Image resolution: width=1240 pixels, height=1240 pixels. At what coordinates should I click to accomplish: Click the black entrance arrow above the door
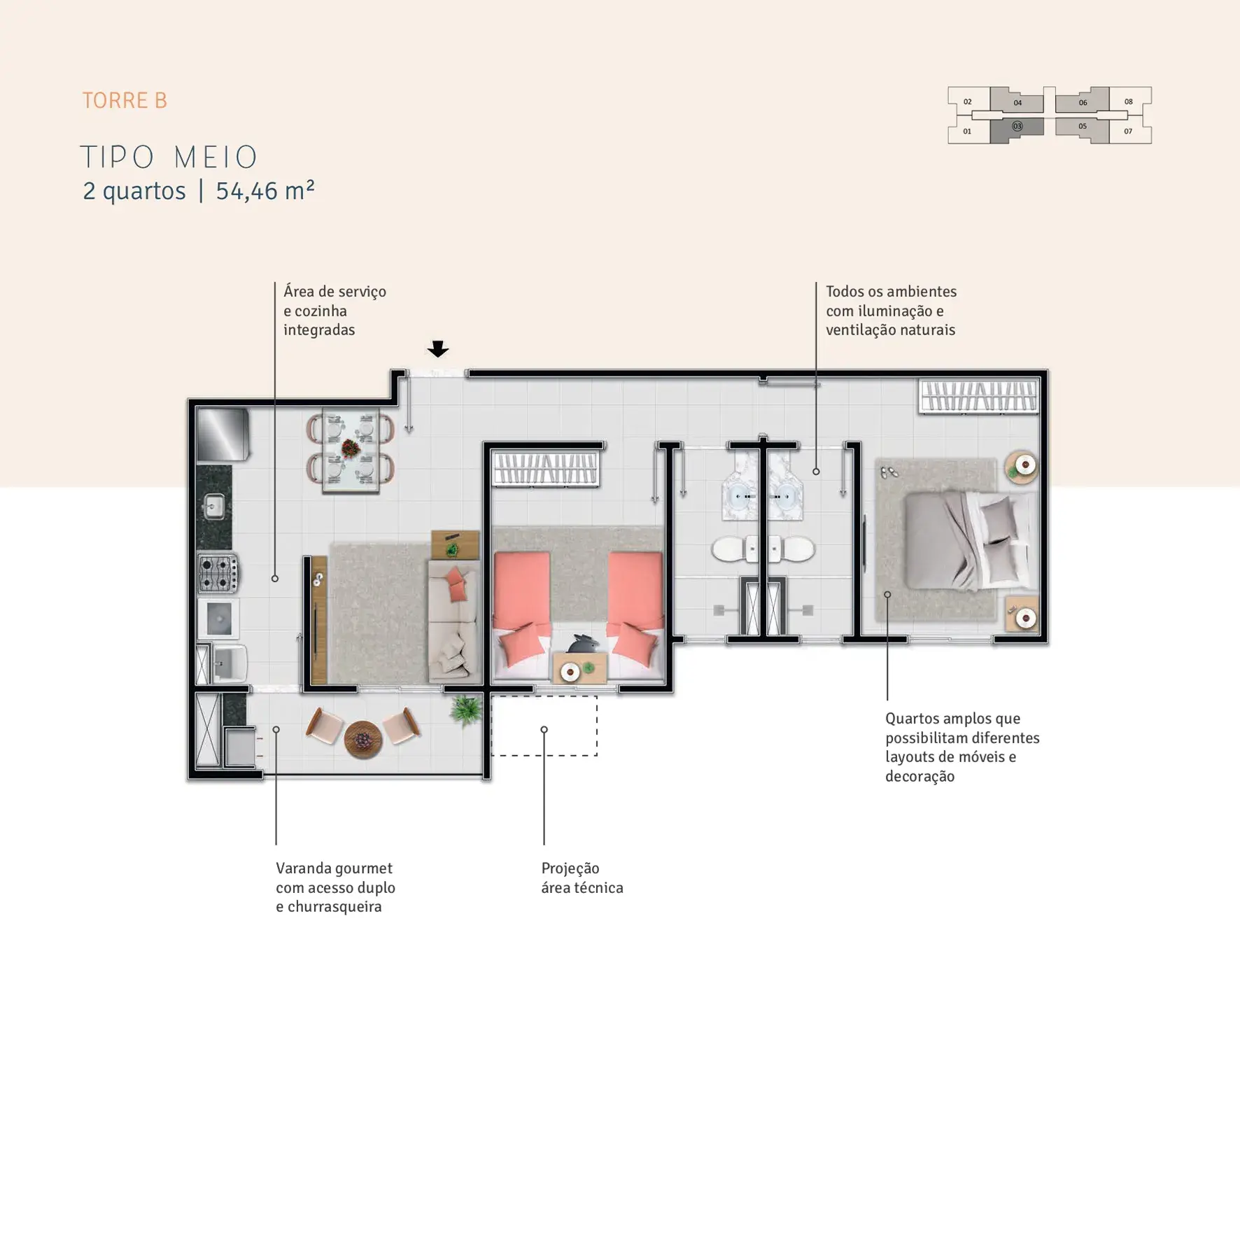click(438, 348)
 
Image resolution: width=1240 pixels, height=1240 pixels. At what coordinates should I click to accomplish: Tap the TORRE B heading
click(125, 101)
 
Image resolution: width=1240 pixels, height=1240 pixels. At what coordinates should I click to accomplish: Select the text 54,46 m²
click(265, 190)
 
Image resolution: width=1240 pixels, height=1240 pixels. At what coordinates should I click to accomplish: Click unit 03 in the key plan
click(1017, 127)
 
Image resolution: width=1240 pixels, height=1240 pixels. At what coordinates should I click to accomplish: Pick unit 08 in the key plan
click(1129, 101)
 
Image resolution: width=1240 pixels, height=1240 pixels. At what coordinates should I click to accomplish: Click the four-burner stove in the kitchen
click(218, 573)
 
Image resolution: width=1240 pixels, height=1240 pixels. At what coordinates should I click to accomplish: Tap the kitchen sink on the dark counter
click(214, 507)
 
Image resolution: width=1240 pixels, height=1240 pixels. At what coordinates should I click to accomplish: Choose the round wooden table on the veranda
click(363, 739)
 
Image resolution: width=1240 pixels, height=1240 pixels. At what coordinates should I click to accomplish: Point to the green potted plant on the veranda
click(465, 710)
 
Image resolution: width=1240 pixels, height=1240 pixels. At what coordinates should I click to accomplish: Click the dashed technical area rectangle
click(544, 726)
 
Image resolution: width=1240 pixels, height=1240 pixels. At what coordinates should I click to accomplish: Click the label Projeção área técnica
click(582, 878)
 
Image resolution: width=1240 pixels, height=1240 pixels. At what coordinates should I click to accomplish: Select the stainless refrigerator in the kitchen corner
click(223, 435)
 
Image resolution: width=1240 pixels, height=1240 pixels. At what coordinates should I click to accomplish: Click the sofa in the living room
click(453, 621)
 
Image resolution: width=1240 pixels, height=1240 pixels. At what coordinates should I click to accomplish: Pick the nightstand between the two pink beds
click(579, 668)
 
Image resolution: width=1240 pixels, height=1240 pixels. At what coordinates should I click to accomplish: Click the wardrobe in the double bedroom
click(979, 396)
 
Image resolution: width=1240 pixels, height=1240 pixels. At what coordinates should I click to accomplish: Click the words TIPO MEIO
click(169, 157)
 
